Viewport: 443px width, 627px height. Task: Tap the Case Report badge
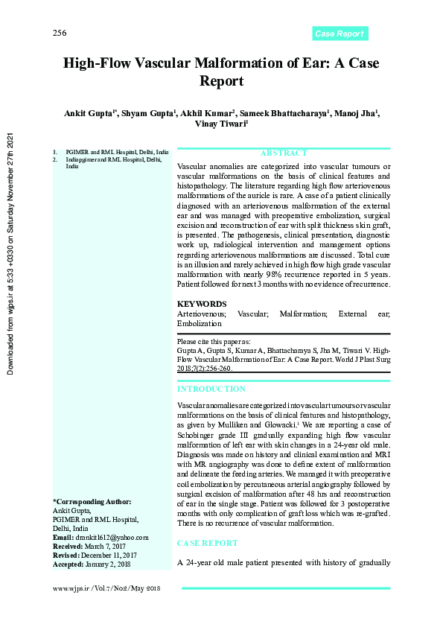coord(340,34)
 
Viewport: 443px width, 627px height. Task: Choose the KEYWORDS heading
coord(202,304)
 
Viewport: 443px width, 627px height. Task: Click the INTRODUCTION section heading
coord(211,389)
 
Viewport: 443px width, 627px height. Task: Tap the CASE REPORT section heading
coord(208,544)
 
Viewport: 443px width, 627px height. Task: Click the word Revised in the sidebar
coord(66,555)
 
